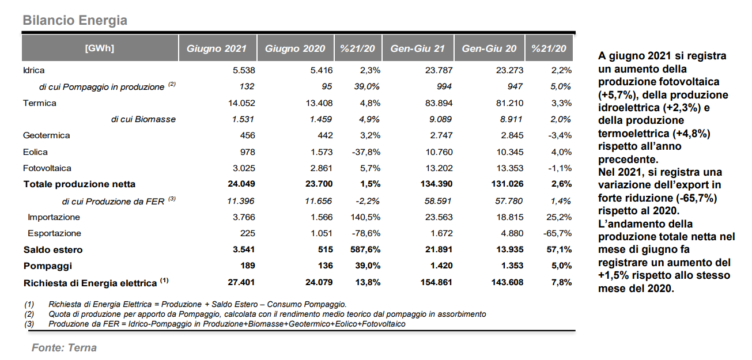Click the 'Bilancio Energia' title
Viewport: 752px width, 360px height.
(75, 21)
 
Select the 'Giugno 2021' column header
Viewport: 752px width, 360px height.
(217, 48)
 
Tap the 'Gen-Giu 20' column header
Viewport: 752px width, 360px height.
(489, 48)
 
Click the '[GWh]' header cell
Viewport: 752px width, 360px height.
(99, 48)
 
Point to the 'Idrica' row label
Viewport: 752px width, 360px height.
(33, 70)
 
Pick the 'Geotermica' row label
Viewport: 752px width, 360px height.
(46, 135)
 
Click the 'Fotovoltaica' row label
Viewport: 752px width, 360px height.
(47, 168)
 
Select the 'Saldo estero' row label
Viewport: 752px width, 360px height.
(52, 249)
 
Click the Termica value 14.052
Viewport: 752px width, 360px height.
(241, 103)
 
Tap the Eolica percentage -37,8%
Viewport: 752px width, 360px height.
(366, 152)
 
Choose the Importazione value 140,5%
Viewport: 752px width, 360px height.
(365, 217)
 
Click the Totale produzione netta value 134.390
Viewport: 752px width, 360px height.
(436, 184)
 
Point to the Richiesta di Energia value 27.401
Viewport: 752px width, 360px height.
(241, 282)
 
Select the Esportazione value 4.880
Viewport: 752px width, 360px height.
(512, 233)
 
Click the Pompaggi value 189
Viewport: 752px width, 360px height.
(248, 266)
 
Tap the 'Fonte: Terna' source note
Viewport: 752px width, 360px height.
(64, 347)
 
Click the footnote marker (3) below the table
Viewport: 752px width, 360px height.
(29, 324)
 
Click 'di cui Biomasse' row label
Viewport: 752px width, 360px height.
(143, 119)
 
